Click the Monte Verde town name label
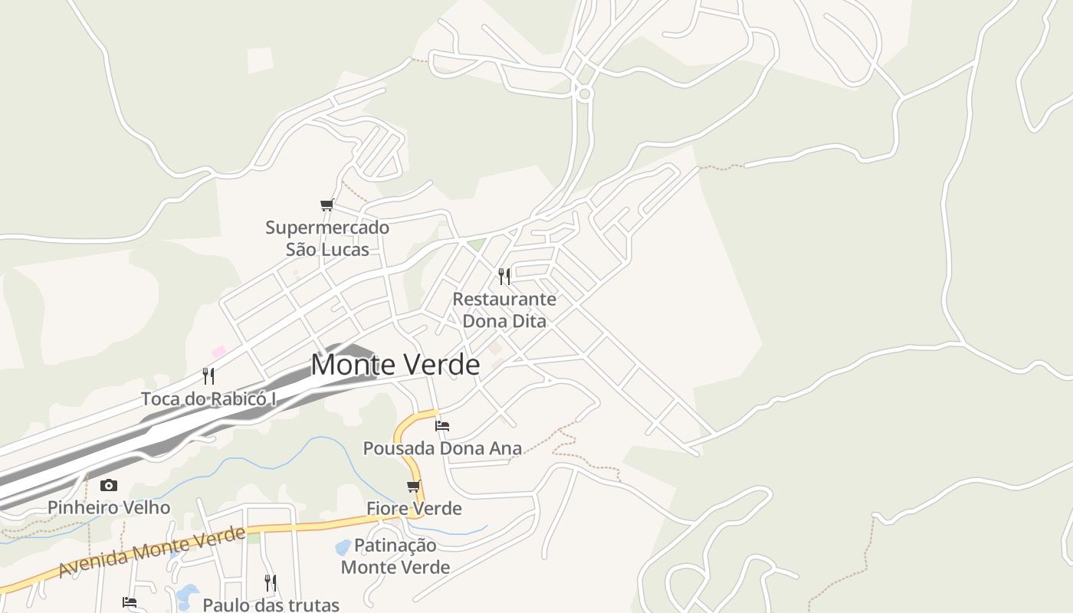395,365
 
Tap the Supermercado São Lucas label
327,238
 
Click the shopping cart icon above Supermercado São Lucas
327,205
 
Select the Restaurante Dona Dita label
504,310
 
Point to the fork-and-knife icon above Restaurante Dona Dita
504,276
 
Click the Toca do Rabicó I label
208,398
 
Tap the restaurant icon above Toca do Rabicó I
208,375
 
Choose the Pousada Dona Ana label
442,448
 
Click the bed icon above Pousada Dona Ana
442,426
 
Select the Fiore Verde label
414,508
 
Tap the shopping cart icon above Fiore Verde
414,486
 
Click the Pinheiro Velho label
109,507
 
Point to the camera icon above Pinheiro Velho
109,485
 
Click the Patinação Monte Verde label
395,556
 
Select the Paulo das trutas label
271,605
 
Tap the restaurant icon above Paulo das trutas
270,582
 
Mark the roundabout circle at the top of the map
585,94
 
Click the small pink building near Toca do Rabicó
219,352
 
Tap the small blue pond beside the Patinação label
343,548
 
